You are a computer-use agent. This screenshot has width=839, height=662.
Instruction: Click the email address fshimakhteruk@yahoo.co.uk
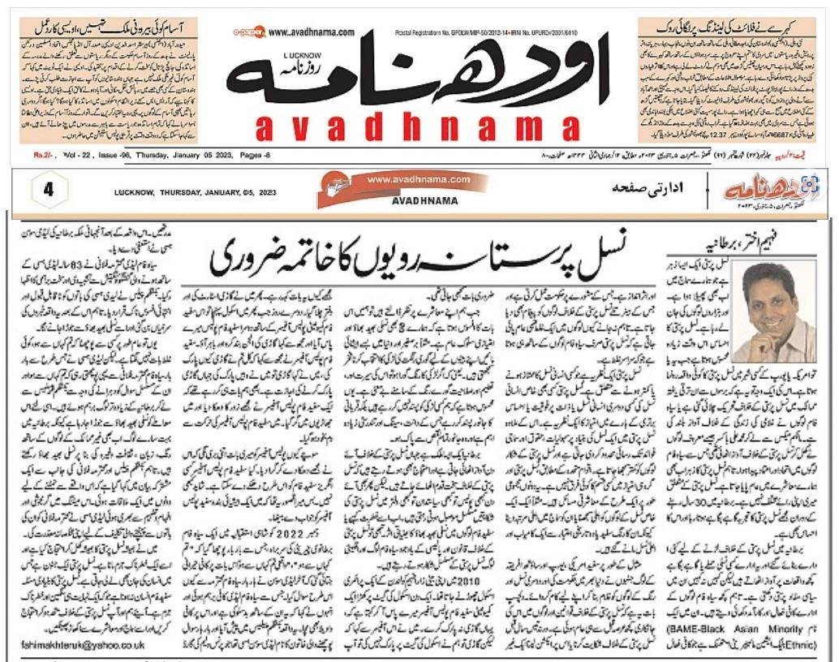[x=83, y=646]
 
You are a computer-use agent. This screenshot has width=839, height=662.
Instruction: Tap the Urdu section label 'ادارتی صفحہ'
[x=645, y=188]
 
